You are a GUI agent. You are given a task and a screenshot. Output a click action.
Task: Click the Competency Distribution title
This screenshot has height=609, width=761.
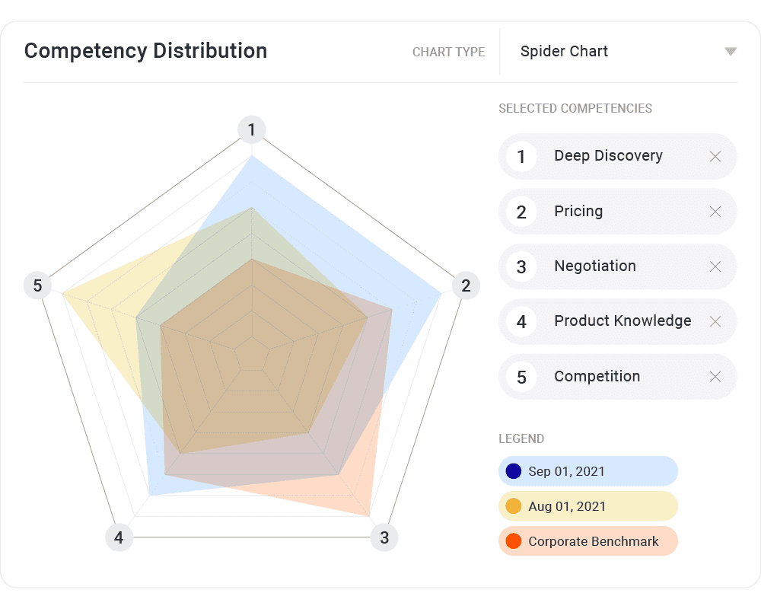pos(145,51)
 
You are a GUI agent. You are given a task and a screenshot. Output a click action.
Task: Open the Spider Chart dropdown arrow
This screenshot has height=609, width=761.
pos(731,52)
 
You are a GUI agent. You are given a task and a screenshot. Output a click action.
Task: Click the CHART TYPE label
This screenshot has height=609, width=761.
pos(448,53)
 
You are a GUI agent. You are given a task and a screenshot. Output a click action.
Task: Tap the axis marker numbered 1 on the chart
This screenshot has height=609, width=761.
pos(252,130)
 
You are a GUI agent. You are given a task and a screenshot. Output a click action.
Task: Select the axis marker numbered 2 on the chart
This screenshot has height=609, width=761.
pos(466,286)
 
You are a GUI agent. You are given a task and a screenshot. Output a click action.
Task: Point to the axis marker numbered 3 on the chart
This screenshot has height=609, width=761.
pos(384,538)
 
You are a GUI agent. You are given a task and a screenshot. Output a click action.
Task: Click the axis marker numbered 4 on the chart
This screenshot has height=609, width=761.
pos(119,538)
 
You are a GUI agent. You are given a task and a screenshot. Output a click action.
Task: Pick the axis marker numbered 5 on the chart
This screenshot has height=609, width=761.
pos(37,286)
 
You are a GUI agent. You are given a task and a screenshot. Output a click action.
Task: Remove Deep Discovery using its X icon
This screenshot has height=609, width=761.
pos(715,157)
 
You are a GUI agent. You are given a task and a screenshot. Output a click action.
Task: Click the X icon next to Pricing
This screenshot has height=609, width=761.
pos(715,212)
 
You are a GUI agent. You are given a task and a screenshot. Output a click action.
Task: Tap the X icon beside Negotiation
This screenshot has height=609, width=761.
pos(715,266)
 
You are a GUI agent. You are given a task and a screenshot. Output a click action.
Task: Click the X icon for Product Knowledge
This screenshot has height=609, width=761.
pos(715,321)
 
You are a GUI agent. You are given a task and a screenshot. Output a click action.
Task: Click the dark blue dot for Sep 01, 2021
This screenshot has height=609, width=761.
pos(514,471)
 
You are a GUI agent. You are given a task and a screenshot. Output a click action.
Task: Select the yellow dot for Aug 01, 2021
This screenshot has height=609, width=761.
pos(514,506)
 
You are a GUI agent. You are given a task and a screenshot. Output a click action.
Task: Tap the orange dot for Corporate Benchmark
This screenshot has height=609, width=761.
pos(514,541)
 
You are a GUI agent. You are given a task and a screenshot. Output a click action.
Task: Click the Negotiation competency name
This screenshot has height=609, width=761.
pos(595,266)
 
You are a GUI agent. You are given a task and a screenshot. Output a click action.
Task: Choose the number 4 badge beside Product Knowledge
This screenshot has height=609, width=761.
pos(521,322)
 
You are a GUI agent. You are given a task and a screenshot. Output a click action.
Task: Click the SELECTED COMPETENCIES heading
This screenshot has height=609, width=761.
pos(575,108)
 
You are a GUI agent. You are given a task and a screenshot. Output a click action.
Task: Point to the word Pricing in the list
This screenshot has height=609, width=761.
pos(578,212)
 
